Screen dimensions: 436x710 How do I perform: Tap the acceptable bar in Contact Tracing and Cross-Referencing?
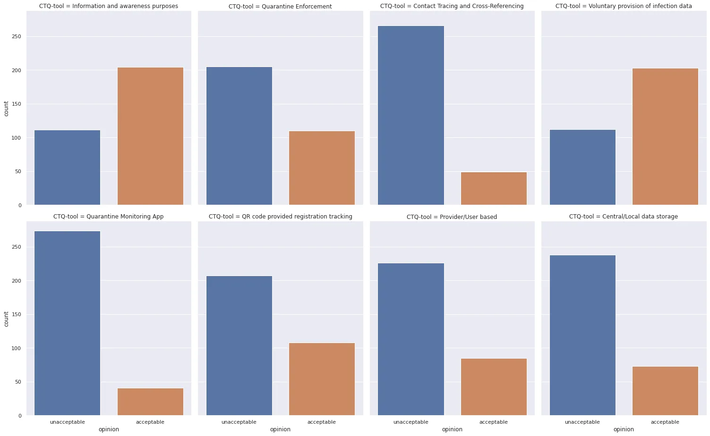(x=494, y=188)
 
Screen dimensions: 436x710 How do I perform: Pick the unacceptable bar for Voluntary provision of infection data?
(x=582, y=167)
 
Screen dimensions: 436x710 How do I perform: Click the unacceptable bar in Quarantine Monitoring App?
(x=67, y=323)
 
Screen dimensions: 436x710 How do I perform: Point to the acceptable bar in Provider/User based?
(x=494, y=387)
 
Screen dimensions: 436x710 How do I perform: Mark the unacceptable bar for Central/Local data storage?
(x=582, y=335)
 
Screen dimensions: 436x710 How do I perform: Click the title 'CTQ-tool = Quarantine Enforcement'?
(x=280, y=7)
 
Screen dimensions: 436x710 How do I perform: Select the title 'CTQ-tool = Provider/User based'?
(x=452, y=217)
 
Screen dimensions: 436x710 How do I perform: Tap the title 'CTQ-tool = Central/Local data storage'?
(x=623, y=217)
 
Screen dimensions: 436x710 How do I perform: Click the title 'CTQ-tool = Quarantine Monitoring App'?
(x=108, y=217)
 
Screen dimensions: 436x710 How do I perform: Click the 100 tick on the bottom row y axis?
(x=17, y=348)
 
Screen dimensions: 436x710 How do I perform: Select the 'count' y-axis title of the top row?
(x=6, y=109)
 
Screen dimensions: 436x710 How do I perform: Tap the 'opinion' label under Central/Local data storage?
(x=624, y=429)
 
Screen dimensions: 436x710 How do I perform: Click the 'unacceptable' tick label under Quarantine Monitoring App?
(x=67, y=422)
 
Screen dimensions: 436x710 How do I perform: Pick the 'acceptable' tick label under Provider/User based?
(x=494, y=422)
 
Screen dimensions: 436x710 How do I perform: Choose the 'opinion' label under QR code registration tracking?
(x=280, y=429)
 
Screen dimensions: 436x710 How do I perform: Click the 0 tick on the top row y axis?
(x=19, y=205)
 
